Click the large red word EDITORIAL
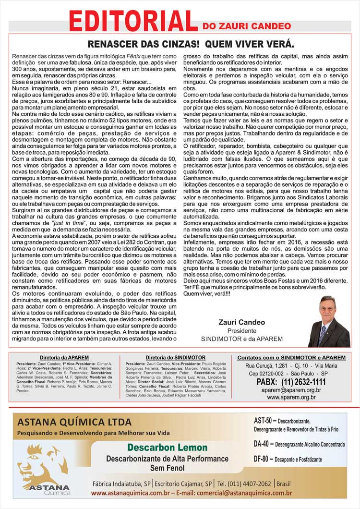click(133, 20)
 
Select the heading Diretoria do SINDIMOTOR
click(175, 358)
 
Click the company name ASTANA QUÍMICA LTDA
click(74, 423)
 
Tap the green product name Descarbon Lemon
click(168, 448)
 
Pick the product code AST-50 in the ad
click(264, 421)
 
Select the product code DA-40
click(264, 445)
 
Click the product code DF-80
click(264, 459)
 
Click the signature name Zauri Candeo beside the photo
click(242, 322)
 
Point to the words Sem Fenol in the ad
click(167, 468)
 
